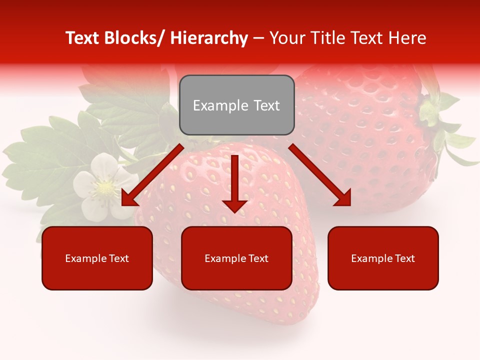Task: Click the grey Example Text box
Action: coord(236,105)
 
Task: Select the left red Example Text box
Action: coord(97,258)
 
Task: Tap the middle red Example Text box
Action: coord(236,258)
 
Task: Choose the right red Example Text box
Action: coord(383,258)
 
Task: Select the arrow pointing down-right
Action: coord(320,175)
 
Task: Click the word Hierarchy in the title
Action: coord(209,38)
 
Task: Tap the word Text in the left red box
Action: coord(117,258)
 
